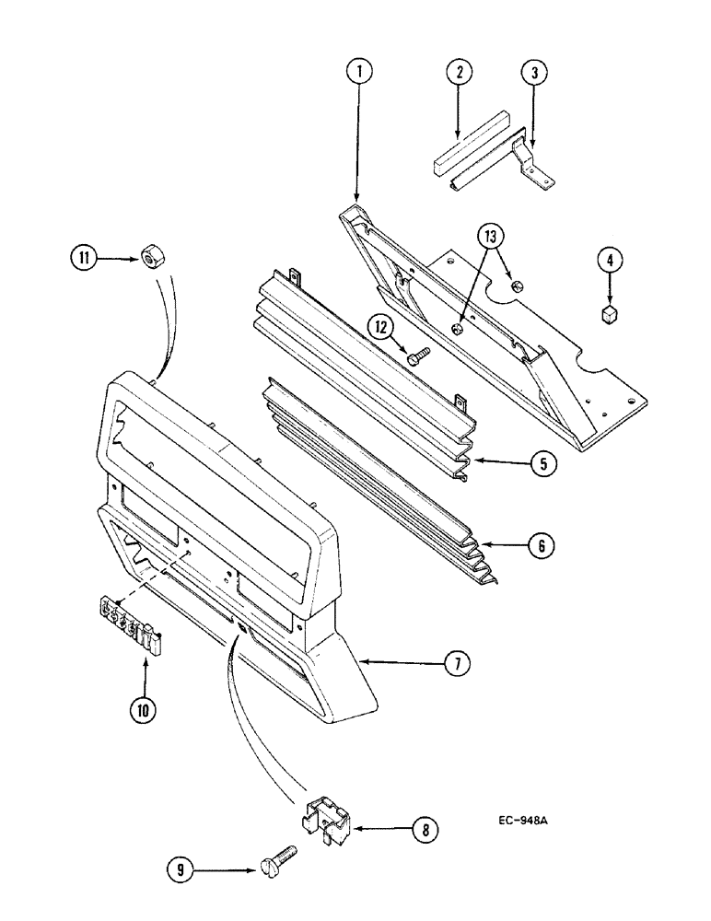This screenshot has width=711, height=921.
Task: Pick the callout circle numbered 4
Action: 607,262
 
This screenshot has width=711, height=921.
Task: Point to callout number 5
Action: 543,463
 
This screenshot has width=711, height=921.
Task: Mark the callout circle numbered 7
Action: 454,662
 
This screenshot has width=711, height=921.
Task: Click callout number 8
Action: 424,830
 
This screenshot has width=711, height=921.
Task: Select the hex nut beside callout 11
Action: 147,257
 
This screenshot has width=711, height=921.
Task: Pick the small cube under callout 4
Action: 608,316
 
